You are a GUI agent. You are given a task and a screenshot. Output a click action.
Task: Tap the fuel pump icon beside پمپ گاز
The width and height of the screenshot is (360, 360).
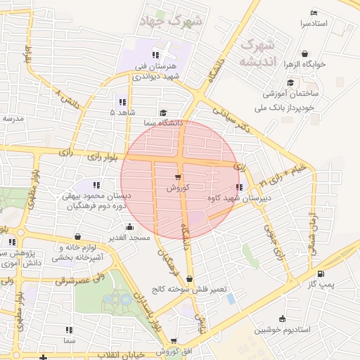coord(321,274)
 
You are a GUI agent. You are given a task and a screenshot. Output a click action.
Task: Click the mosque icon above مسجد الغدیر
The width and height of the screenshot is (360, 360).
coord(129,227)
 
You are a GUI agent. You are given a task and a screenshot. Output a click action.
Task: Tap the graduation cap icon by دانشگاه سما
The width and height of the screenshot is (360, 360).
coord(163,112)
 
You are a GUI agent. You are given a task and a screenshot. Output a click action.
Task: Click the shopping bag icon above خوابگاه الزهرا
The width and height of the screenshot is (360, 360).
coord(304,53)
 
